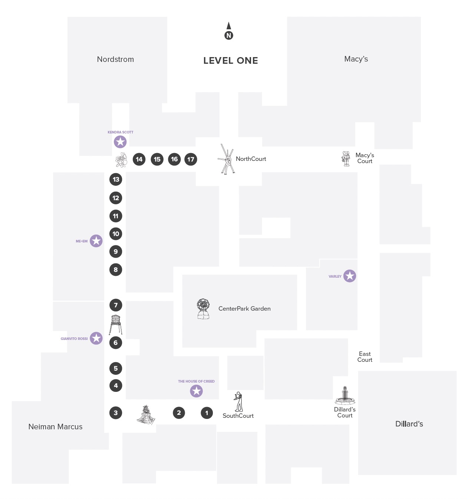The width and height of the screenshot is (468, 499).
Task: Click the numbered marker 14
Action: click(x=139, y=159)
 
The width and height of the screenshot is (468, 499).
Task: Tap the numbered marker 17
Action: click(x=191, y=159)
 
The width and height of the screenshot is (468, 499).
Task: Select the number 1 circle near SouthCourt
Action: click(x=207, y=413)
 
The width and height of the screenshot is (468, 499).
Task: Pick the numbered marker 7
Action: click(x=116, y=305)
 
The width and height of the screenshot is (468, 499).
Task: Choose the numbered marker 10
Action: click(x=116, y=234)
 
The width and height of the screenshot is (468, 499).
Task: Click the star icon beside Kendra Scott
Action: click(x=120, y=142)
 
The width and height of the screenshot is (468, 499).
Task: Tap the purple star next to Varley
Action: click(x=350, y=276)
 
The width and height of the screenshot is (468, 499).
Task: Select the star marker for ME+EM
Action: click(x=96, y=241)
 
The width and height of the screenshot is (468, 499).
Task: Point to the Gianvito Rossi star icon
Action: click(x=96, y=338)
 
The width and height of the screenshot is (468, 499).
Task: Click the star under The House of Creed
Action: click(x=196, y=391)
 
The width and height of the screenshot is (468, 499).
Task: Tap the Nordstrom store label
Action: click(x=115, y=59)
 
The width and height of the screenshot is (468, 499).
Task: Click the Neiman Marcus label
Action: click(x=55, y=427)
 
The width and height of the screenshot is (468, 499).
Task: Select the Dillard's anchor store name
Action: click(x=409, y=424)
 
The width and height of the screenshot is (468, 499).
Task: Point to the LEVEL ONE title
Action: click(x=230, y=60)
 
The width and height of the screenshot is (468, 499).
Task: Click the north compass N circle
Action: click(x=229, y=36)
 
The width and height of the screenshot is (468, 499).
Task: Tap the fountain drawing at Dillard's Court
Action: click(x=345, y=396)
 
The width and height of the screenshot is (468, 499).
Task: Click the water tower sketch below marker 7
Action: click(x=116, y=324)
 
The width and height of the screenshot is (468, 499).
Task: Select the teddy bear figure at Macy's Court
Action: click(x=346, y=159)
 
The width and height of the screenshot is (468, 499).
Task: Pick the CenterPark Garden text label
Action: click(x=244, y=308)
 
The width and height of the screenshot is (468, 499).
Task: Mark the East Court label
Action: click(x=365, y=357)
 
